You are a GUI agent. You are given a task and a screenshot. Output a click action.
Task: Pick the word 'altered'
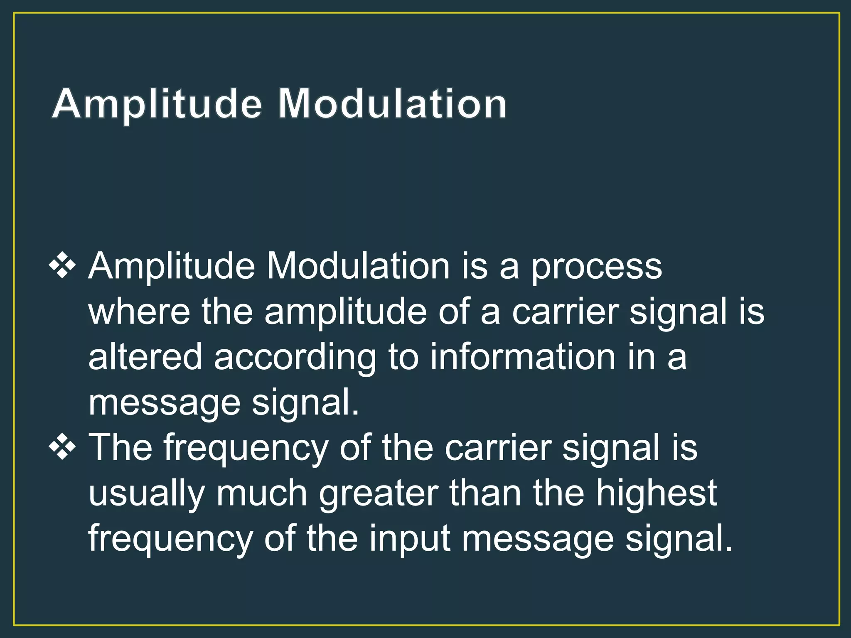click(145, 357)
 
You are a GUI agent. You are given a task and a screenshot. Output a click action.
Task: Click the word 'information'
click(522, 357)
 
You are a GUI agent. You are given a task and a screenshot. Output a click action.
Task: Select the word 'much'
click(261, 493)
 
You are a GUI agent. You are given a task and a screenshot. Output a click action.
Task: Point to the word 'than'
click(485, 493)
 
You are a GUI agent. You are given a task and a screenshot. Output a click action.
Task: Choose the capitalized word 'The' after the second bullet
click(121, 448)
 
